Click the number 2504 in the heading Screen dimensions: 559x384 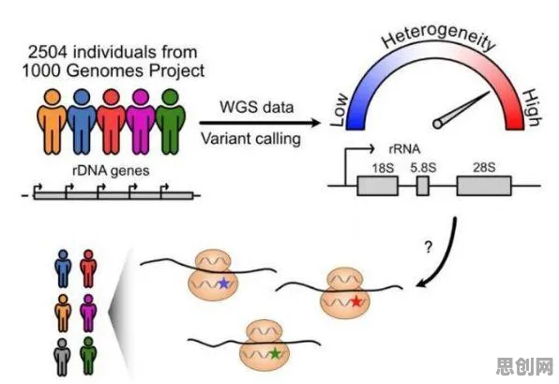pyautogui.click(x=48, y=52)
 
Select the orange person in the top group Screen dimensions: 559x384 pyautogui.click(x=52, y=121)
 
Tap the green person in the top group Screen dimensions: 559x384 pyautogui.click(x=171, y=121)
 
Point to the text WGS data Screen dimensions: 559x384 pyautogui.click(x=257, y=107)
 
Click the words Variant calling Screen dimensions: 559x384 pyautogui.click(x=251, y=138)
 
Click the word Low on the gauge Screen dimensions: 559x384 pyautogui.click(x=339, y=110)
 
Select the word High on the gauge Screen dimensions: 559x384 pyautogui.click(x=532, y=108)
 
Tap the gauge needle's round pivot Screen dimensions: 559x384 pyautogui.click(x=438, y=124)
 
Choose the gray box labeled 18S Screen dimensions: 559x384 pyautogui.click(x=378, y=186)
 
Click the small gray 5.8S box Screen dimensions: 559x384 pyautogui.click(x=423, y=186)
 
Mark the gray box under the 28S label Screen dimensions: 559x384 pyautogui.click(x=484, y=186)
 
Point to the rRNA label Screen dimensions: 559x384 pyautogui.click(x=404, y=149)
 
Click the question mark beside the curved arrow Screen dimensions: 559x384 pyautogui.click(x=429, y=247)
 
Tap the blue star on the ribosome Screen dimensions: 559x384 pyautogui.click(x=223, y=283)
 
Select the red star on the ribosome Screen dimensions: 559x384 pyautogui.click(x=356, y=301)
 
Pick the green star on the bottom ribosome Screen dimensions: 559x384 pyautogui.click(x=275, y=353)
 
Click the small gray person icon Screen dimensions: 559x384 pyautogui.click(x=62, y=357)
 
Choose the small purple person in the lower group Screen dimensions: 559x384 pyautogui.click(x=88, y=313)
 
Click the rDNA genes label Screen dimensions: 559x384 pyautogui.click(x=111, y=171)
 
